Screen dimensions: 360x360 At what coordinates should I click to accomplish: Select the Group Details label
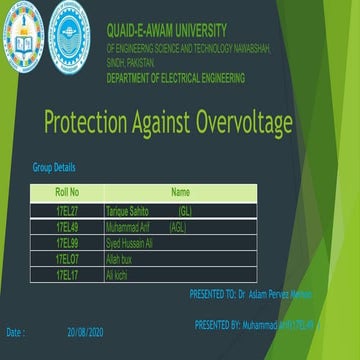[54, 168]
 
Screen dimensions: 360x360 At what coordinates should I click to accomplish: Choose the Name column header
[181, 191]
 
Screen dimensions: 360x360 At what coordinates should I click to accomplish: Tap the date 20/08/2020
[85, 331]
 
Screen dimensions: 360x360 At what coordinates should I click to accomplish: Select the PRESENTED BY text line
[255, 325]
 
